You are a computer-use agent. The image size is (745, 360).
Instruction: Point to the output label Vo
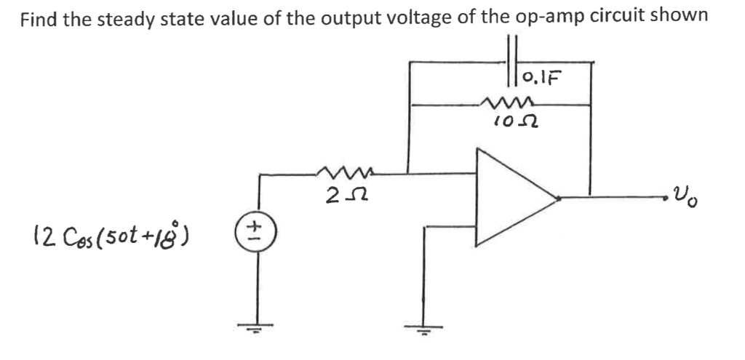click(x=688, y=194)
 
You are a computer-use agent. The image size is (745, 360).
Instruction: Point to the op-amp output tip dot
click(x=558, y=196)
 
